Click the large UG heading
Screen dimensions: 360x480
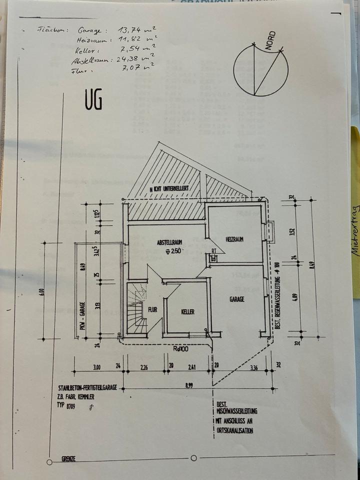93,100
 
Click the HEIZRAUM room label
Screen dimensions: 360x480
234,239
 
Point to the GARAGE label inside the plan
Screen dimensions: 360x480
236,299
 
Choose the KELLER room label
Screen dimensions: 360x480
187,311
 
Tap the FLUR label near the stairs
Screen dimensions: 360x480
152,309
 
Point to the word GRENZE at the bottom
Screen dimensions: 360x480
68,458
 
